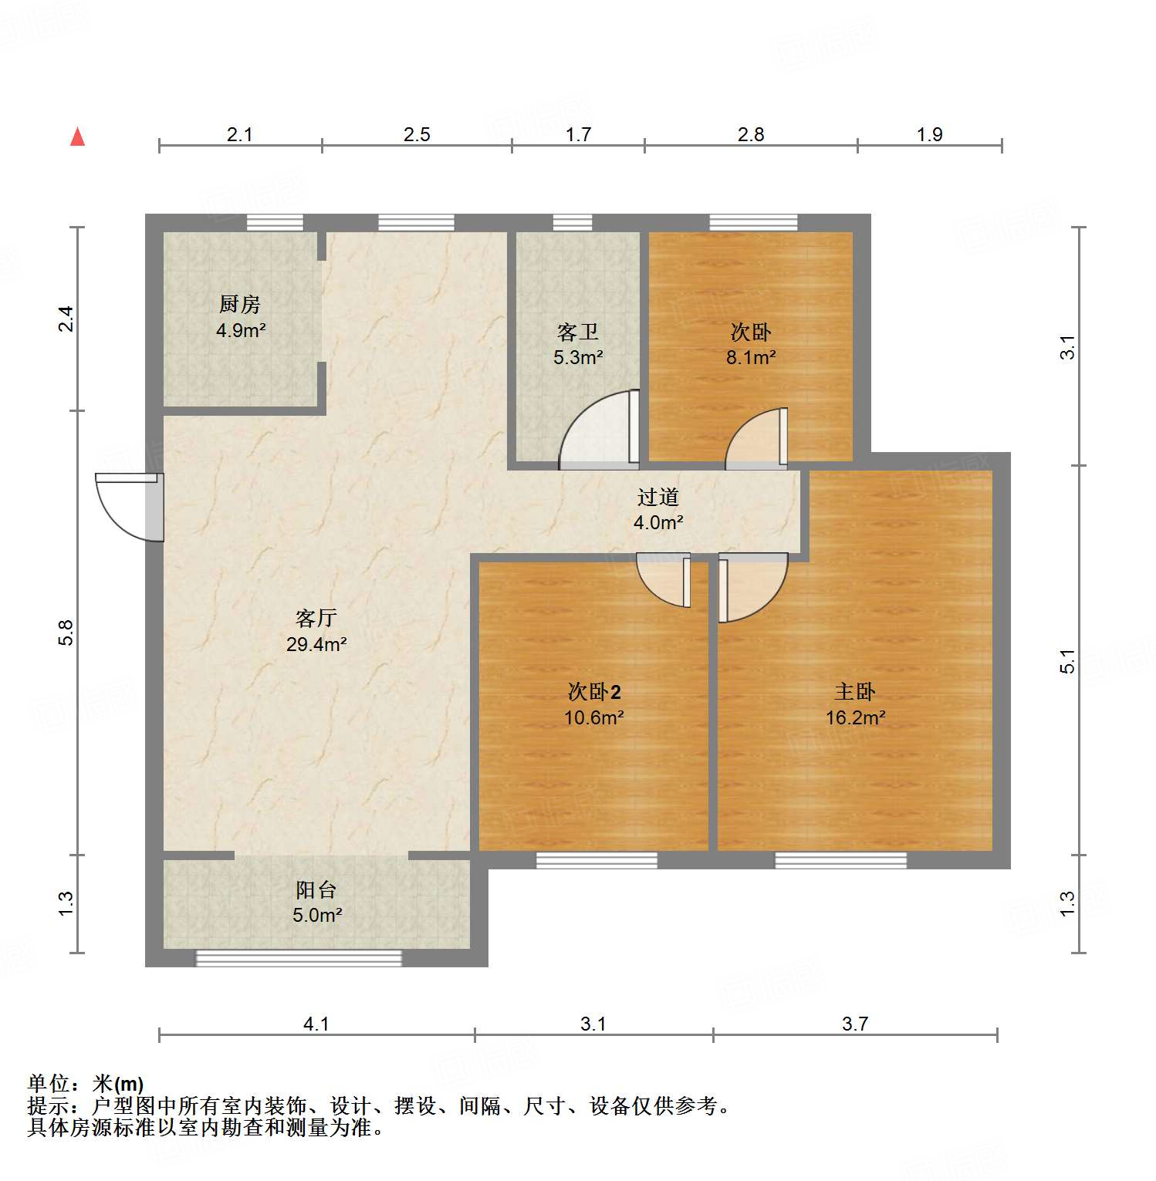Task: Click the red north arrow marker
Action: pyautogui.click(x=77, y=137)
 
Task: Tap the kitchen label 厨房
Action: pyautogui.click(x=239, y=305)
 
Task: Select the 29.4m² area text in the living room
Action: pyautogui.click(x=316, y=644)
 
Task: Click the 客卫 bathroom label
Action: pyautogui.click(x=578, y=332)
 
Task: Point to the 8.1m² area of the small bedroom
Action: pyautogui.click(x=750, y=357)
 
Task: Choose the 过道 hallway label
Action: pyautogui.click(x=657, y=498)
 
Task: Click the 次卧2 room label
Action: pyautogui.click(x=593, y=692)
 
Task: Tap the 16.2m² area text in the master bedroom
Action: pyautogui.click(x=855, y=717)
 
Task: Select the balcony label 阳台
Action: pyautogui.click(x=316, y=890)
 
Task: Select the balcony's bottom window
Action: pyautogui.click(x=299, y=958)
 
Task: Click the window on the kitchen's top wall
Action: pyautogui.click(x=275, y=223)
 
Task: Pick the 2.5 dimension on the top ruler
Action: pyautogui.click(x=417, y=134)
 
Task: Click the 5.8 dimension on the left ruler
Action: pyautogui.click(x=66, y=633)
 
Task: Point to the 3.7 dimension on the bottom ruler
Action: pyautogui.click(x=855, y=1024)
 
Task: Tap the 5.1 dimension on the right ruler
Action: pyautogui.click(x=1067, y=661)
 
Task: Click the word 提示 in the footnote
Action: pyautogui.click(x=48, y=1106)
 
